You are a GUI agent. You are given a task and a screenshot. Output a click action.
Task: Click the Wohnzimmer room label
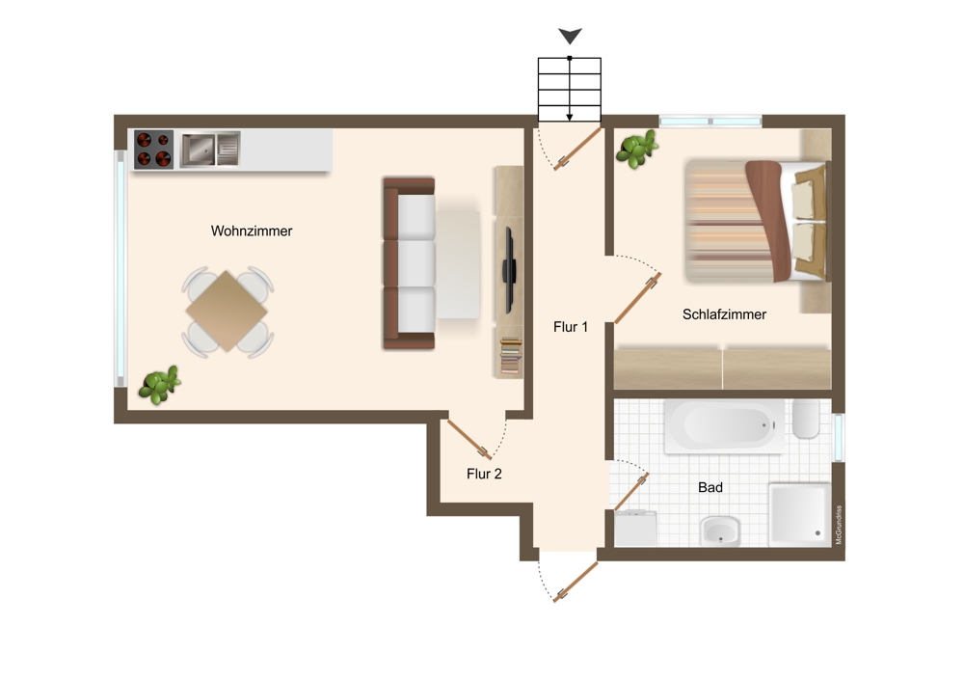point(252,232)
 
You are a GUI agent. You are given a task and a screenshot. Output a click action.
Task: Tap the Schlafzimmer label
point(724,314)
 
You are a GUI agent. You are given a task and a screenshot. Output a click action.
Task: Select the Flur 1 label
point(571,327)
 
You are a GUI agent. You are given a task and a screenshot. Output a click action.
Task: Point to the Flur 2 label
point(484,474)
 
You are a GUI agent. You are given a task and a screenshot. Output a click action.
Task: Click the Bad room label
point(710,487)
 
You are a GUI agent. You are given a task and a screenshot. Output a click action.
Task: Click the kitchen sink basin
point(198,150)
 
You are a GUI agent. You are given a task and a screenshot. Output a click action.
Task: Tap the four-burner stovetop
point(153,150)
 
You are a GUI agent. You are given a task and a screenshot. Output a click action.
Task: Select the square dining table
point(227,311)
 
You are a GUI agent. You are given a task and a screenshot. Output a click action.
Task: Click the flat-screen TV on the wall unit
point(509,270)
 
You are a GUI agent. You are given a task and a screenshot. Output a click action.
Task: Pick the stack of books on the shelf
point(510,356)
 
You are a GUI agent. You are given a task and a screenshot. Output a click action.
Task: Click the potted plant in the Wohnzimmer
point(159,385)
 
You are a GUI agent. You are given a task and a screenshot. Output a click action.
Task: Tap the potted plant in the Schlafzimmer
point(637,149)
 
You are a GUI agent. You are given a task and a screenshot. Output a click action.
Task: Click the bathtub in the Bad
point(724,425)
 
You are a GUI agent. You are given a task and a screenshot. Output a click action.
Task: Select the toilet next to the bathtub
point(806,419)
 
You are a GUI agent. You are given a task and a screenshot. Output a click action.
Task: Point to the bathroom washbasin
point(720,531)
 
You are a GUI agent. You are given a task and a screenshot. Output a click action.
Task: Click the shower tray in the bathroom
point(799,514)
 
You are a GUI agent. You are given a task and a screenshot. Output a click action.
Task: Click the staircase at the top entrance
point(570,90)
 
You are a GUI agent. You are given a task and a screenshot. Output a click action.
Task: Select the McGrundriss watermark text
point(839,525)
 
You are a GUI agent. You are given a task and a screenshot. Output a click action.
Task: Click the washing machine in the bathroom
point(635,529)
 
